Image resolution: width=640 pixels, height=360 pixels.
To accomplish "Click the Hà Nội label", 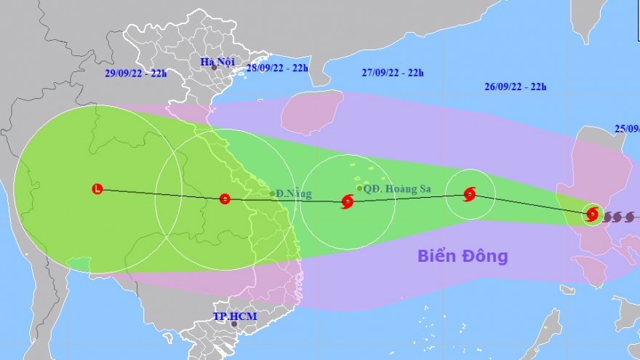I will point(217,62).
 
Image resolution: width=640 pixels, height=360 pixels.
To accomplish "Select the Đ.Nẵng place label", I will point(294,194).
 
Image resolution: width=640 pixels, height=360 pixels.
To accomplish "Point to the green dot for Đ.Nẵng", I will point(272,193).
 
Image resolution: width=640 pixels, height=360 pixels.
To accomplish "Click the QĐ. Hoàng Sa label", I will point(398,189).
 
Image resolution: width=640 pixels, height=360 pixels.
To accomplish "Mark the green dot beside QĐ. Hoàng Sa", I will point(359,188).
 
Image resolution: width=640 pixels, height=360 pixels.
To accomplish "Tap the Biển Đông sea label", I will point(463,256).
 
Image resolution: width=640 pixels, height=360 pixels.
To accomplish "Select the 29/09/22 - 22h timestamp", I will point(136,73).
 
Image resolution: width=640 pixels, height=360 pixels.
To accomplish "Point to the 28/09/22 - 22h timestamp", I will point(277,68).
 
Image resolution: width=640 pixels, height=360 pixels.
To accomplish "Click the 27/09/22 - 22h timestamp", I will point(393,72).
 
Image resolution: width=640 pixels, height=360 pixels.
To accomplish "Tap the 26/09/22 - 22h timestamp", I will point(515,87).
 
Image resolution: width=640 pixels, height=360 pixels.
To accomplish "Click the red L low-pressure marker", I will point(97,189).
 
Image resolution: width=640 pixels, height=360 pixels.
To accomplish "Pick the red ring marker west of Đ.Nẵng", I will point(225,198).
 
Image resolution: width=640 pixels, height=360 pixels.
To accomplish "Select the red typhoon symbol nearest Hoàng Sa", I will point(347,201).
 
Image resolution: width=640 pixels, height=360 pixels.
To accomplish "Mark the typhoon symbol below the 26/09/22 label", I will point(470,194).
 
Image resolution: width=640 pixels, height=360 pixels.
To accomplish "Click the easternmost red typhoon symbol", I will point(592,214).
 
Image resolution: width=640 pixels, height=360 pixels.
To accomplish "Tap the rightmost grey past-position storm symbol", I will point(630,216).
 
